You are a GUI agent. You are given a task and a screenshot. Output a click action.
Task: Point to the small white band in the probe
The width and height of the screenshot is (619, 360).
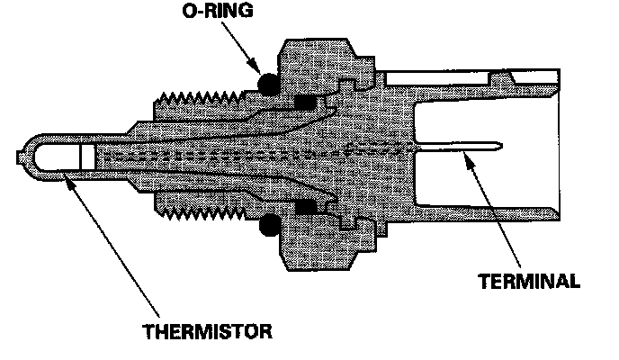click(86, 155)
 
